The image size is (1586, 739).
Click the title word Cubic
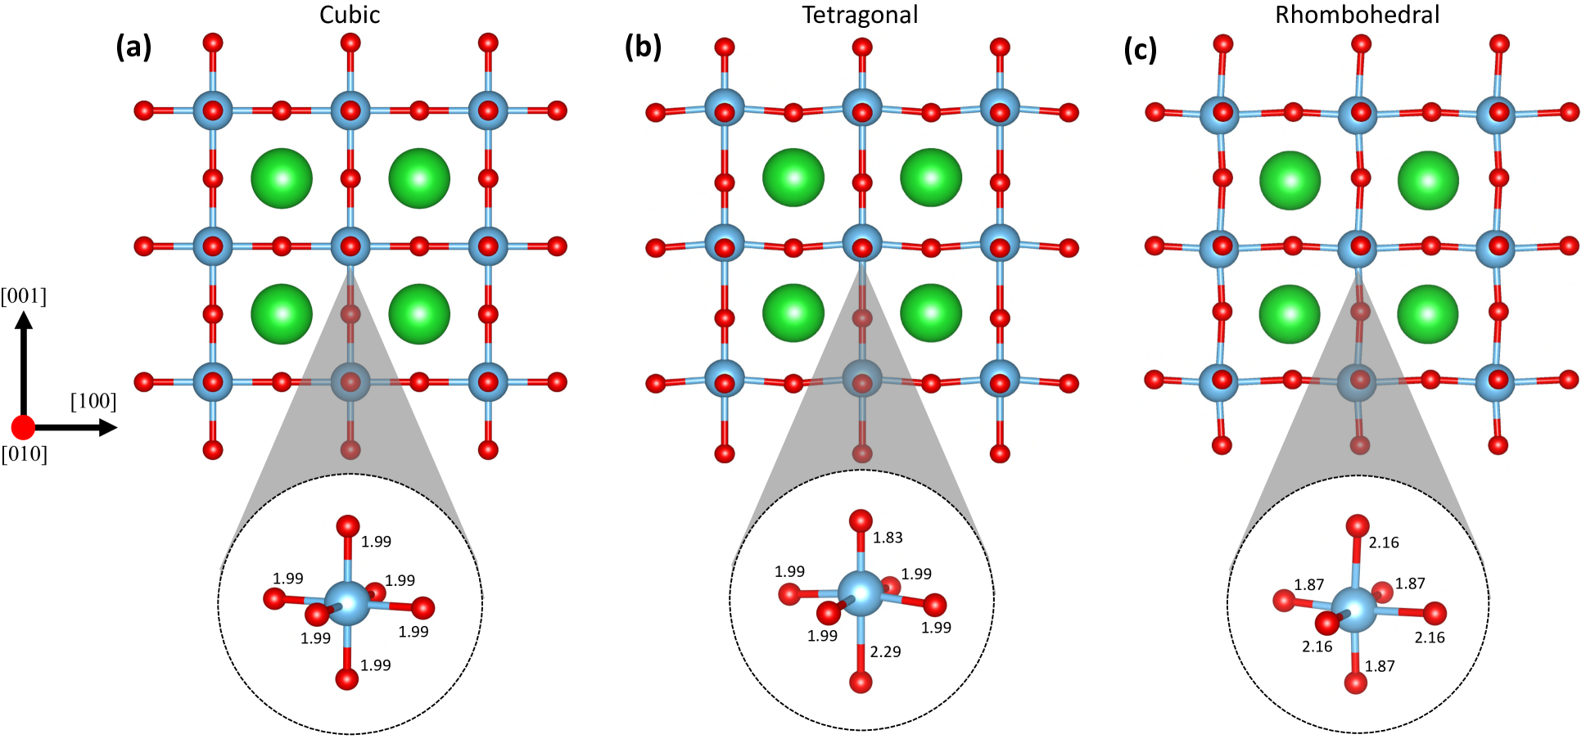point(350,15)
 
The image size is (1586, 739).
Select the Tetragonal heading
point(860,15)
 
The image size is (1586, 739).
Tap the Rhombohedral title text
point(1357,15)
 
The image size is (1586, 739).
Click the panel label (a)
point(134,47)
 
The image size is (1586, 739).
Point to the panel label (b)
point(643,47)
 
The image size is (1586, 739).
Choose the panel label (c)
point(1141,50)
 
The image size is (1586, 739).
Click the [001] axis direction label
point(24,295)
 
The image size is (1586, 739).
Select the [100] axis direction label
point(93,401)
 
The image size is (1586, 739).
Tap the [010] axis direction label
point(24,453)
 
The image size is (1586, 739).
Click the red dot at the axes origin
point(23,426)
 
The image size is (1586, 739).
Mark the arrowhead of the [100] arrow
point(109,427)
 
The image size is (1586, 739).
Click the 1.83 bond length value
point(888,538)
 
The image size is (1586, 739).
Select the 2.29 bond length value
point(885,651)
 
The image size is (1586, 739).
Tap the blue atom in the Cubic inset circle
point(348,602)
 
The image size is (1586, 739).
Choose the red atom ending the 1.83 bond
point(861,520)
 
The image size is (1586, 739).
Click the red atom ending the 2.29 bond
point(861,682)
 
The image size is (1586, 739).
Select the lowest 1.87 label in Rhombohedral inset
point(1380,666)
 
